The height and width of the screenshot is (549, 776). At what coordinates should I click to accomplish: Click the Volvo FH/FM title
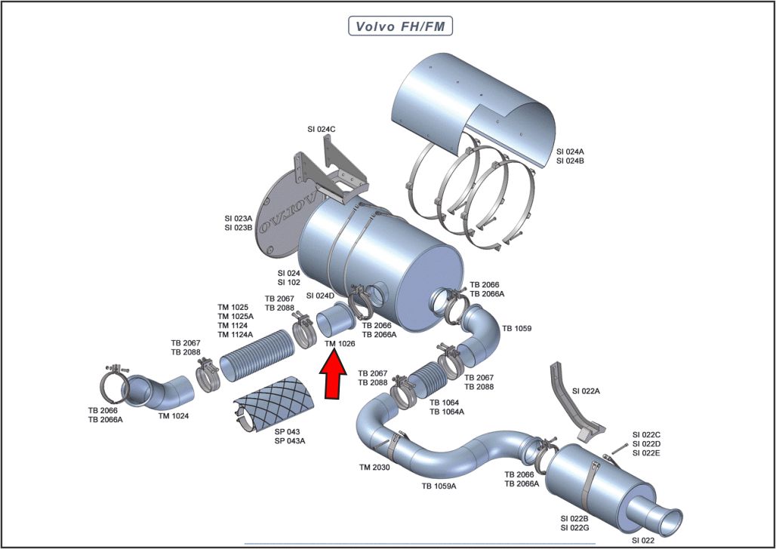(x=400, y=26)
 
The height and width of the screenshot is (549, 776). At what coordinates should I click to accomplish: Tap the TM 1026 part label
(x=340, y=343)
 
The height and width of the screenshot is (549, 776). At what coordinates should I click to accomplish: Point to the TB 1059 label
(x=517, y=329)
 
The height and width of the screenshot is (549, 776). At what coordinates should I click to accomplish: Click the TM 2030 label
(x=374, y=468)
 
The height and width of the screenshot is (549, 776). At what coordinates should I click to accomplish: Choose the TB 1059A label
(x=439, y=486)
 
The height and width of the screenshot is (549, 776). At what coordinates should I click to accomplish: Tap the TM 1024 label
(x=174, y=416)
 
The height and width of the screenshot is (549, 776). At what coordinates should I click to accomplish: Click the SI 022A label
(x=587, y=391)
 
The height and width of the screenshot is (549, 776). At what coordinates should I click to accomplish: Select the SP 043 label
(x=288, y=431)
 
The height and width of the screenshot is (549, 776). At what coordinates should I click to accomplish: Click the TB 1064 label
(x=446, y=403)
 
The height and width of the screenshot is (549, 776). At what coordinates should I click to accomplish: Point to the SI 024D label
(x=321, y=296)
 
